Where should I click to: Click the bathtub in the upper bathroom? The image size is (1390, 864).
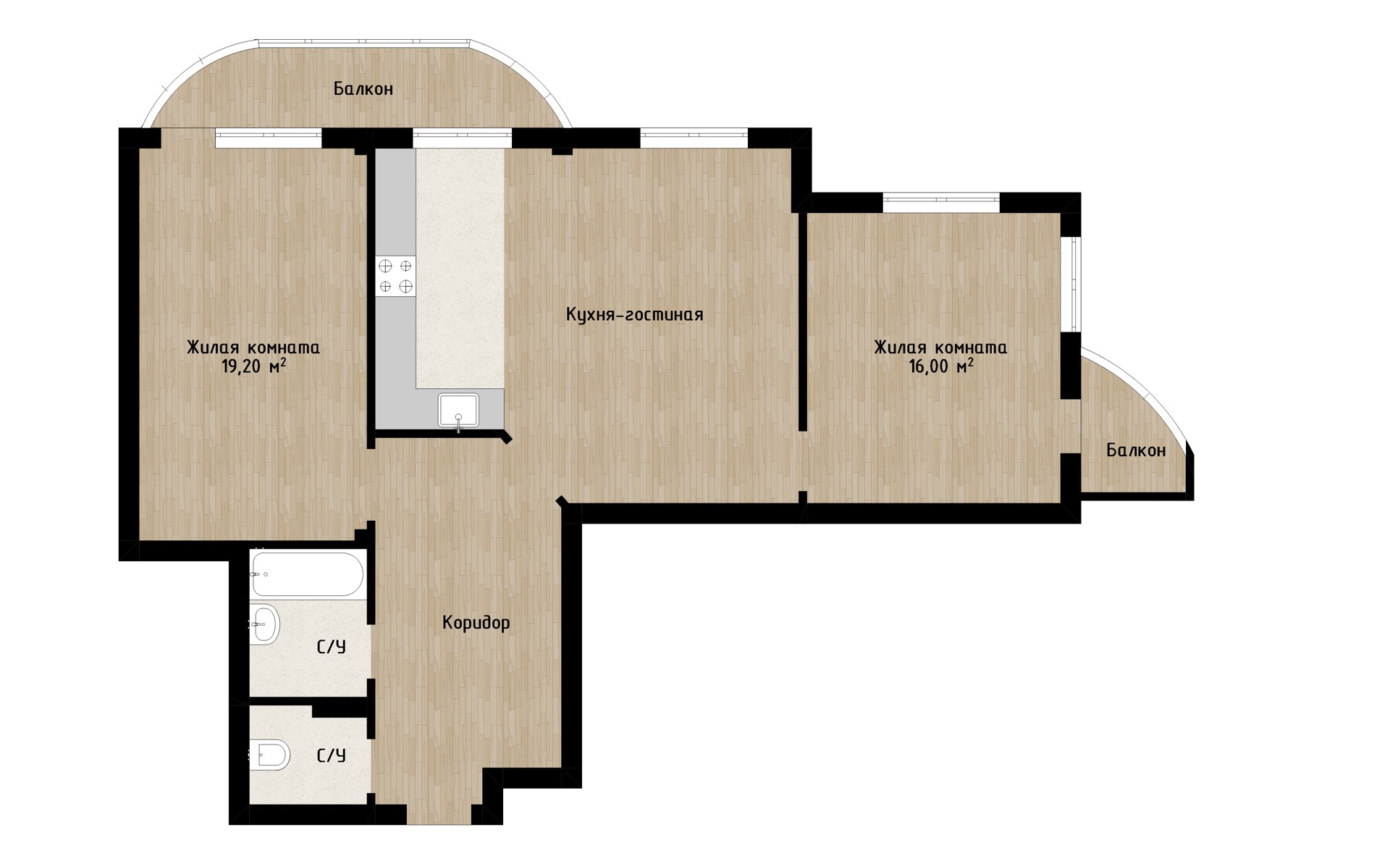(x=306, y=574)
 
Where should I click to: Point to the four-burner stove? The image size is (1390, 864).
(x=396, y=276)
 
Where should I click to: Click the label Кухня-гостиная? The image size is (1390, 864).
(x=634, y=315)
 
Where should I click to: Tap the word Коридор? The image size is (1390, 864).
(x=476, y=623)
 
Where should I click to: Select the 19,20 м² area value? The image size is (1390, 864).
(x=253, y=366)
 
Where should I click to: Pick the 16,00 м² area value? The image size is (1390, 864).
(x=940, y=366)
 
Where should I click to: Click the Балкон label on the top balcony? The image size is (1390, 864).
(x=363, y=89)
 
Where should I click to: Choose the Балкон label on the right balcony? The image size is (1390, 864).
(x=1136, y=450)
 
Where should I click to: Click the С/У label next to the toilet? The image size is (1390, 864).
(x=332, y=756)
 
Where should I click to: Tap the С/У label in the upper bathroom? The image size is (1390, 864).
(x=332, y=647)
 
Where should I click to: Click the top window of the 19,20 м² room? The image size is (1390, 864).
(x=268, y=138)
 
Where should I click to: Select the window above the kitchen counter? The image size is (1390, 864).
(x=462, y=138)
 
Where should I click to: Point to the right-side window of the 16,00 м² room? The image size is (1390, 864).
(x=1071, y=284)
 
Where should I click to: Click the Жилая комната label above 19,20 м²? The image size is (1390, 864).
(x=253, y=348)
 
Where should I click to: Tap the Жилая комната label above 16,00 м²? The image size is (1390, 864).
(x=940, y=348)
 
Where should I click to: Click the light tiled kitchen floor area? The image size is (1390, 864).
(x=460, y=268)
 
